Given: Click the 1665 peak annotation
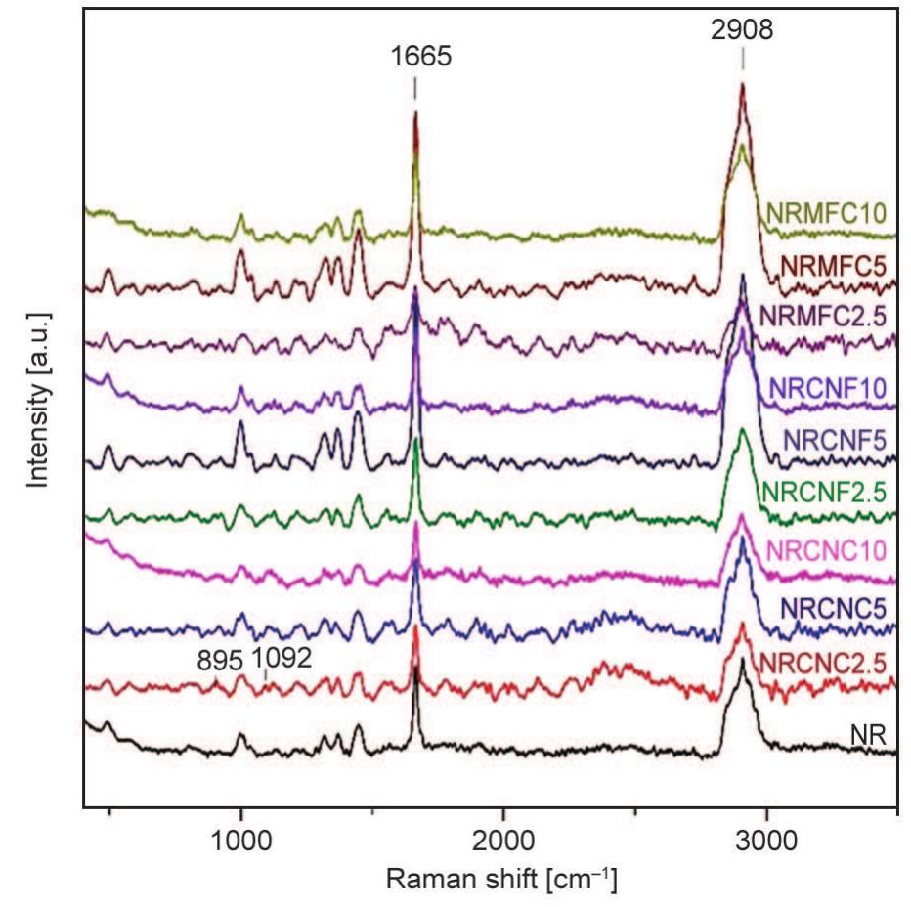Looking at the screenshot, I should [415, 56].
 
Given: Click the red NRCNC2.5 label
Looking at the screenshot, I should [827, 663].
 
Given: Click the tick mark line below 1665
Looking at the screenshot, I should [415, 89].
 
